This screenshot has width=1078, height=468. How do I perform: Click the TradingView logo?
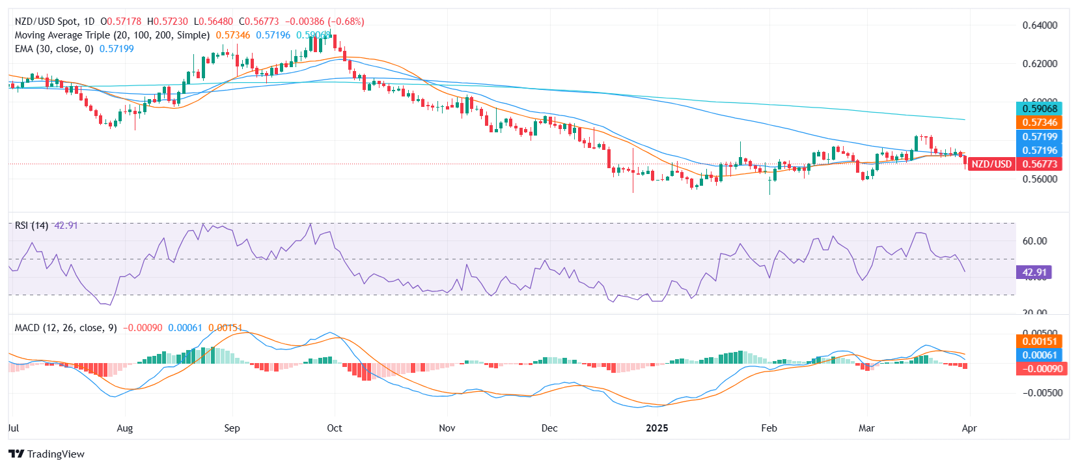pyautogui.click(x=46, y=454)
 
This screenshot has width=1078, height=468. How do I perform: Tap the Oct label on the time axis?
pyautogui.click(x=335, y=428)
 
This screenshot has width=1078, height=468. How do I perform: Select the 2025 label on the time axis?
pyautogui.click(x=657, y=428)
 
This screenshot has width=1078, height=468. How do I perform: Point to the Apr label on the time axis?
pyautogui.click(x=969, y=428)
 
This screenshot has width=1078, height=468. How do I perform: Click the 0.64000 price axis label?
pyautogui.click(x=1040, y=25)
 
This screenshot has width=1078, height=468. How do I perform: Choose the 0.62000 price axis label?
pyautogui.click(x=1040, y=64)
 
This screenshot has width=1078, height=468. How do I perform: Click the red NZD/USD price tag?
pyautogui.click(x=991, y=164)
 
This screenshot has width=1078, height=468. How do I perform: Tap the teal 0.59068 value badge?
pyautogui.click(x=1040, y=109)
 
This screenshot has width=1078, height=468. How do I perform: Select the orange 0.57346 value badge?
pyautogui.click(x=1040, y=123)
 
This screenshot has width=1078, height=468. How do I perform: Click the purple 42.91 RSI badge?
pyautogui.click(x=1034, y=272)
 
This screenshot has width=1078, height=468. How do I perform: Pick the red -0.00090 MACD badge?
pyautogui.click(x=1040, y=369)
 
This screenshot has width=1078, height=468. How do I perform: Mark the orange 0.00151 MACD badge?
pyautogui.click(x=1040, y=342)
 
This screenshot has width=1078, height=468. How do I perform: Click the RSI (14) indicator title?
pyautogui.click(x=31, y=226)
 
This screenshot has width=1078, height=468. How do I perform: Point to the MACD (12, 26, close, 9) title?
pyautogui.click(x=66, y=328)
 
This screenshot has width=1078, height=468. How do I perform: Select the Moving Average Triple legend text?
pyautogui.click(x=112, y=35)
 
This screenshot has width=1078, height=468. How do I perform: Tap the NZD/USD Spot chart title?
pyautogui.click(x=55, y=22)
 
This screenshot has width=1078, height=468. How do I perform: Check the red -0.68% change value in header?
pyautogui.click(x=346, y=22)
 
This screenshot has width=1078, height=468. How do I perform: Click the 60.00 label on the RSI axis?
pyautogui.click(x=1034, y=241)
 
